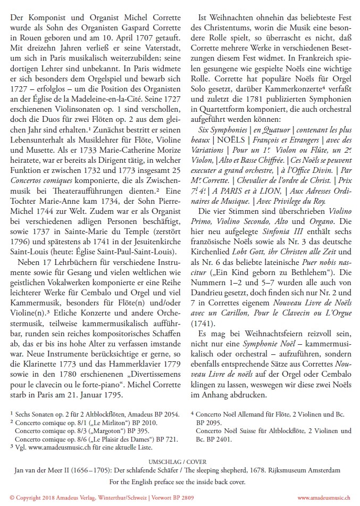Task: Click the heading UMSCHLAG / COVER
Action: point(181,462)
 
